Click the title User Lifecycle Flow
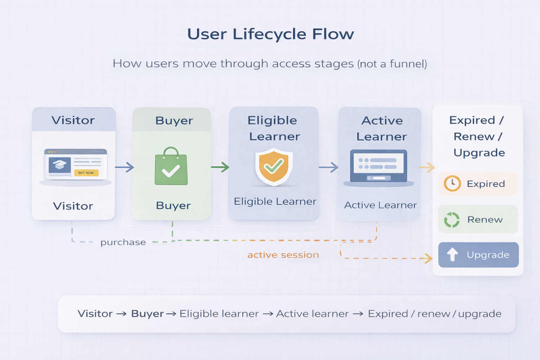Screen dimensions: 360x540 click(270, 34)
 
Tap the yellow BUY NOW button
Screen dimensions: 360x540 click(86, 173)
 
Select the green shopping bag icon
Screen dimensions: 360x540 click(171, 167)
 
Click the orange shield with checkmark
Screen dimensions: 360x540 click(274, 166)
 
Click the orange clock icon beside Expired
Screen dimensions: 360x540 click(452, 184)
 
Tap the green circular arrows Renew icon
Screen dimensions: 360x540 click(452, 220)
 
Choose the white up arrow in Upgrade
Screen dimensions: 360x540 click(452, 254)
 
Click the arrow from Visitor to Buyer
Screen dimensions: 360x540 click(124, 167)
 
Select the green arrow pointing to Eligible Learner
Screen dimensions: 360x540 click(220, 167)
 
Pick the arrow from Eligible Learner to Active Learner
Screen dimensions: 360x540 click(329, 167)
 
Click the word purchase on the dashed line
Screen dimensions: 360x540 click(123, 242)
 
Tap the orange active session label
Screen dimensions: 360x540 click(283, 255)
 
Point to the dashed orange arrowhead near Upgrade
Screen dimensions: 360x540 click(429, 258)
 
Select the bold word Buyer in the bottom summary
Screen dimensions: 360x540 click(147, 314)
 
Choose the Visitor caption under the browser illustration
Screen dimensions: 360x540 click(73, 206)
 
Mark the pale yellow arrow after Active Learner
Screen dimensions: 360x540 click(427, 167)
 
